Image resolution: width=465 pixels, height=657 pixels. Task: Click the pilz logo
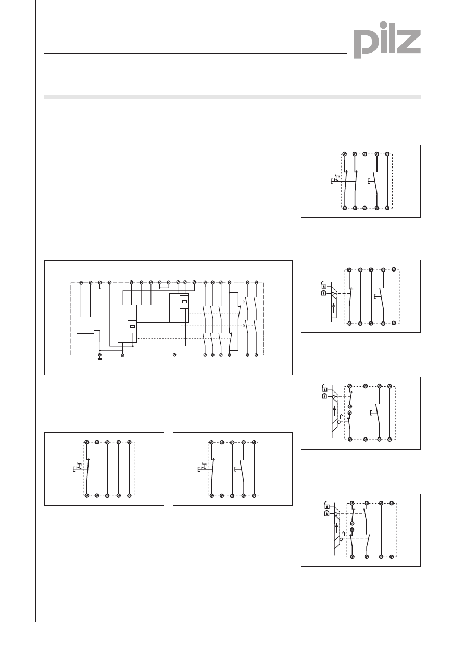387,40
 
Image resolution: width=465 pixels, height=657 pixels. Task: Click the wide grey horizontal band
232,97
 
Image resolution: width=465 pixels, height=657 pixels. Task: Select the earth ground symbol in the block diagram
100,358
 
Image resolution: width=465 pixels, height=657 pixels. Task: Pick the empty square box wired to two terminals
85,325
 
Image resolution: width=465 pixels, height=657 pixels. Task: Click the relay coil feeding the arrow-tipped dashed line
184,302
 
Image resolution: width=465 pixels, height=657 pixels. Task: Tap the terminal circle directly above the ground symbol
100,355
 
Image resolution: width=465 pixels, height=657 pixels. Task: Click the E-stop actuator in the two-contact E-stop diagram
335,179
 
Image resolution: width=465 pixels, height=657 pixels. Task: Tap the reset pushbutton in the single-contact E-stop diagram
238,470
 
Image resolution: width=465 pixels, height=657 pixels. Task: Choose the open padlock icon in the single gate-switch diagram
323,285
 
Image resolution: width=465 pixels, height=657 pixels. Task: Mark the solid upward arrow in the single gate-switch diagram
334,309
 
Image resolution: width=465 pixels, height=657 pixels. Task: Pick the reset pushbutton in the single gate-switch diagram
378,297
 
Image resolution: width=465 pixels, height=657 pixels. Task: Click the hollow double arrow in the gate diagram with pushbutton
341,417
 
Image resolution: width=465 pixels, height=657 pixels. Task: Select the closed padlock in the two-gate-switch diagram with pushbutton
324,396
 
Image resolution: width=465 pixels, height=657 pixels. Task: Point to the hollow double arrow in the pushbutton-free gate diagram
344,533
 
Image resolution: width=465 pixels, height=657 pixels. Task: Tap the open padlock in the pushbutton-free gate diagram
326,505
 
